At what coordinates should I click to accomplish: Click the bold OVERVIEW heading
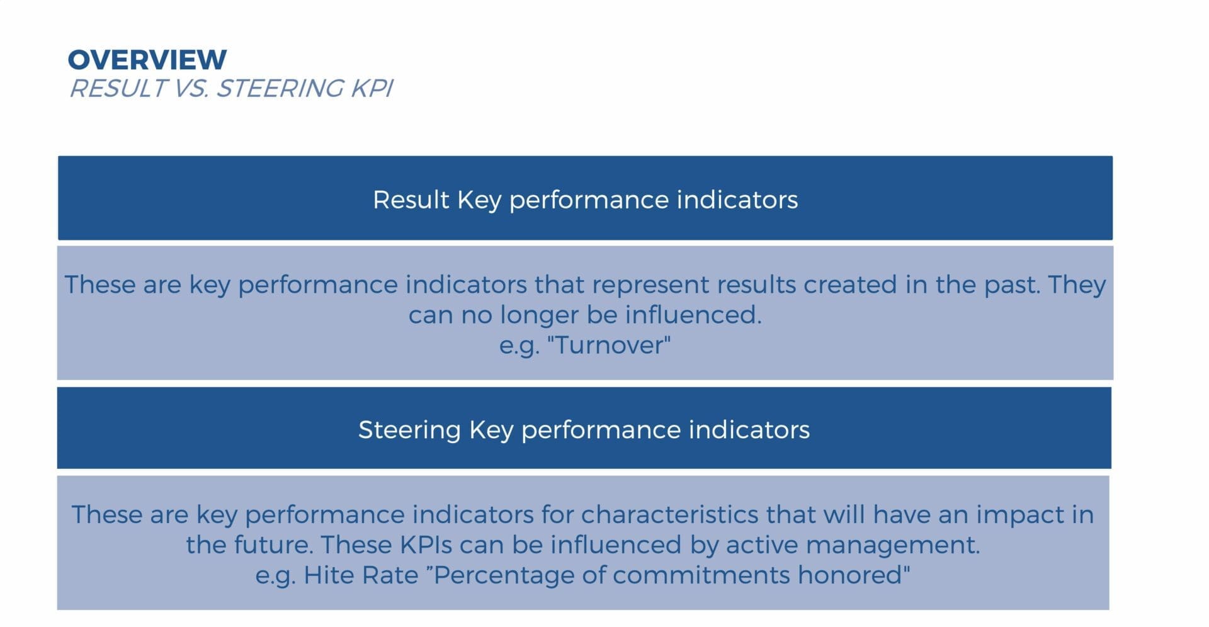click(x=147, y=60)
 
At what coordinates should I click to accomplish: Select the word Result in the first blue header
click(x=411, y=200)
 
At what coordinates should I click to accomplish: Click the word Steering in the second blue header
click(x=409, y=430)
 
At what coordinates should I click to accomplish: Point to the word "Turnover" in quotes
click(x=610, y=345)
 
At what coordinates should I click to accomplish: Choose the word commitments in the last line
click(x=700, y=575)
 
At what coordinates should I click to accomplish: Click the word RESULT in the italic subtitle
click(x=118, y=89)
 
